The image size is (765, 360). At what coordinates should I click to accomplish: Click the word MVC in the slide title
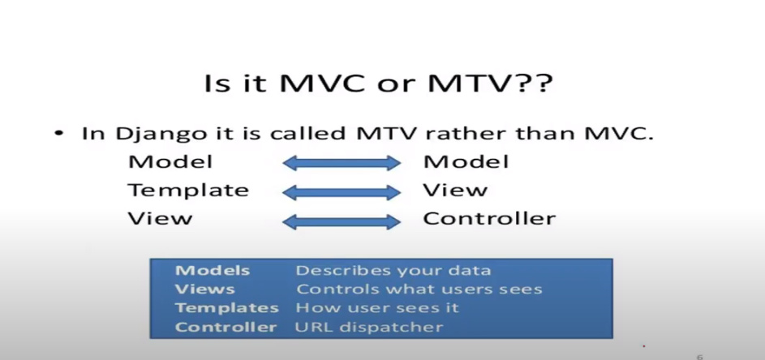(x=322, y=84)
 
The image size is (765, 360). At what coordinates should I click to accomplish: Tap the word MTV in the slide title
(x=470, y=84)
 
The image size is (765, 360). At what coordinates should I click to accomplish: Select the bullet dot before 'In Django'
(x=59, y=133)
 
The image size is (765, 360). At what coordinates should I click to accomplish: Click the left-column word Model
(x=170, y=161)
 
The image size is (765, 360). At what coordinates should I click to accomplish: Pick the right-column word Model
(x=466, y=161)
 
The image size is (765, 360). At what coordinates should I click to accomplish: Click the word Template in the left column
(x=188, y=190)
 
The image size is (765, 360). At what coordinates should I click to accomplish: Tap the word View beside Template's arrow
(x=455, y=190)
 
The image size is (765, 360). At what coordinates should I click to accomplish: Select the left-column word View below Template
(x=160, y=218)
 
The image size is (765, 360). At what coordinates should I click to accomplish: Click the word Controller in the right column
(x=489, y=218)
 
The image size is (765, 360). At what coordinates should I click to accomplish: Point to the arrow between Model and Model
(x=342, y=163)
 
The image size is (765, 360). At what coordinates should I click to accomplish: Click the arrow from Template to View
(x=342, y=193)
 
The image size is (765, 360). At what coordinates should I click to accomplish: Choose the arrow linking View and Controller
(x=342, y=222)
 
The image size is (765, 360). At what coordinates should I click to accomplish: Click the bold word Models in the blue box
(x=213, y=270)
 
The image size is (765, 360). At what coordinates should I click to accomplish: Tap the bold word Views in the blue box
(x=205, y=289)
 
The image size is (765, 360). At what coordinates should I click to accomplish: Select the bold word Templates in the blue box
(x=227, y=308)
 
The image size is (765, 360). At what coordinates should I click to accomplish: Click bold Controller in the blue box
(x=226, y=327)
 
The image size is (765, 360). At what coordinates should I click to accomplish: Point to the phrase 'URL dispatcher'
(x=369, y=327)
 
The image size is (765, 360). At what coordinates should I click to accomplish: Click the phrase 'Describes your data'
(x=393, y=270)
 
